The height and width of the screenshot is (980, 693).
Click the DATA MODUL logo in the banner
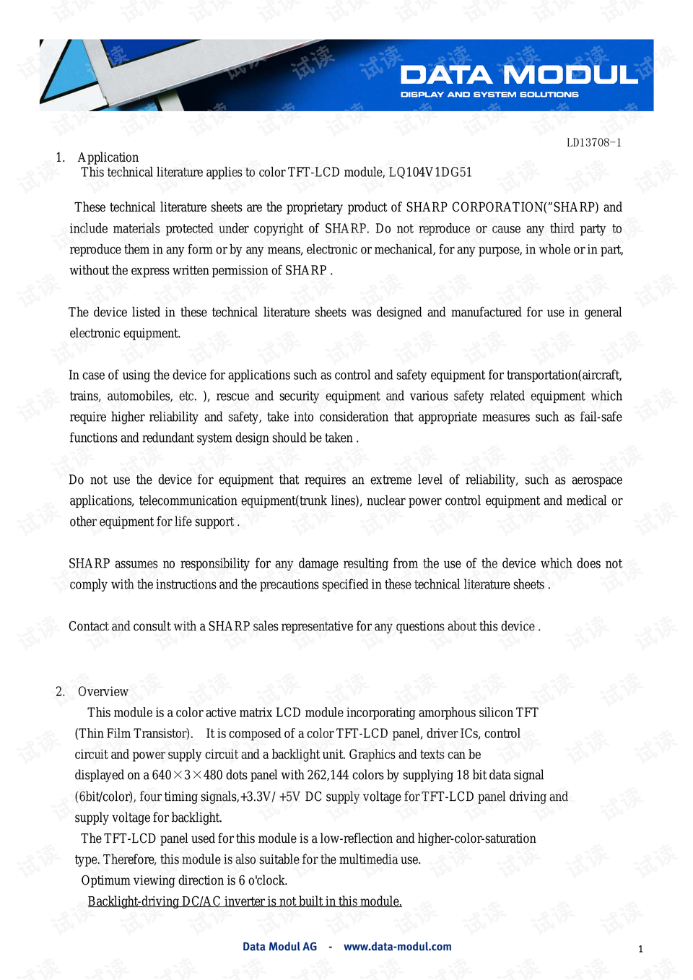pyautogui.click(x=519, y=75)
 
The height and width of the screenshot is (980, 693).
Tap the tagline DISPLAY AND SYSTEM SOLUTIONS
pyautogui.click(x=489, y=95)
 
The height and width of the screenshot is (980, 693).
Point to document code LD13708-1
pyautogui.click(x=593, y=142)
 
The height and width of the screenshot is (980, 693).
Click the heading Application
pyautogui.click(x=108, y=157)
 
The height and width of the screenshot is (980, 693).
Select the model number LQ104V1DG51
pyautogui.click(x=430, y=173)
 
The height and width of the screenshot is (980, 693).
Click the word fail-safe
pyautogui.click(x=601, y=417)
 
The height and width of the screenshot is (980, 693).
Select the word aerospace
pyautogui.click(x=596, y=480)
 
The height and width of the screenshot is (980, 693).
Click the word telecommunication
pyautogui.click(x=188, y=500)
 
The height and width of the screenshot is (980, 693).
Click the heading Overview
pyautogui.click(x=103, y=691)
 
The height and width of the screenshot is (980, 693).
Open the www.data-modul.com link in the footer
pyautogui.click(x=398, y=947)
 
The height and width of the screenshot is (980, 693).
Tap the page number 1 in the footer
pyautogui.click(x=640, y=949)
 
